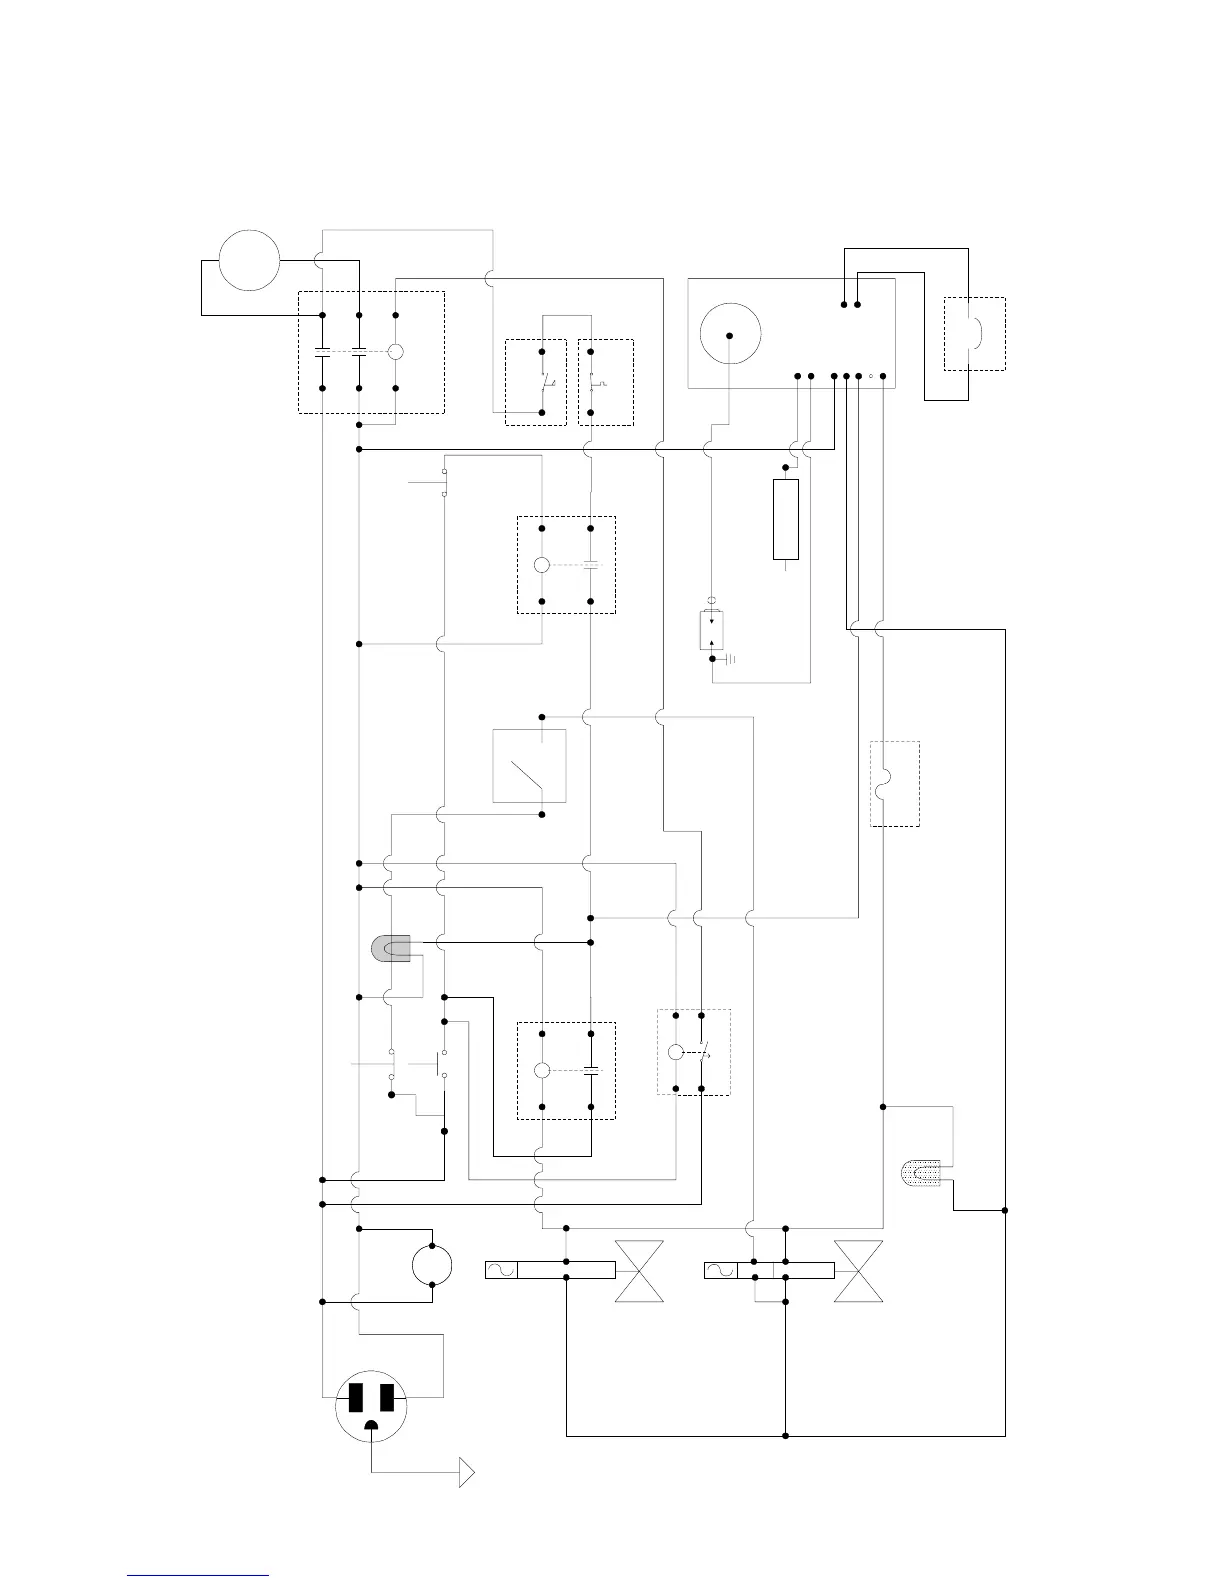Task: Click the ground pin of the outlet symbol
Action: [x=372, y=1425]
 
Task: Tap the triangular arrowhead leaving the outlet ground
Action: [x=466, y=1473]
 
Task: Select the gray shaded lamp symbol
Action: [x=391, y=948]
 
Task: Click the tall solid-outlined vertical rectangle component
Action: [x=786, y=519]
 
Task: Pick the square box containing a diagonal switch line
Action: [x=529, y=766]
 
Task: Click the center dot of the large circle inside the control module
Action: [x=730, y=334]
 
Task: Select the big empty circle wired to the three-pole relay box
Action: [x=249, y=260]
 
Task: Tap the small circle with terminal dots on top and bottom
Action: [x=432, y=1265]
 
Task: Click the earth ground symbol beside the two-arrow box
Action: [x=731, y=659]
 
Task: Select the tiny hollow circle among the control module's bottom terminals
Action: [x=871, y=376]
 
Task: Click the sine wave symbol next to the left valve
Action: [x=501, y=1270]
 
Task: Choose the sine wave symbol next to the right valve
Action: [x=720, y=1270]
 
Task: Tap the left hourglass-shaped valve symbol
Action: [x=639, y=1270]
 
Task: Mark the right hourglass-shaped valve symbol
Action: [x=858, y=1270]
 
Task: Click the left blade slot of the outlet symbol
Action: [x=354, y=1397]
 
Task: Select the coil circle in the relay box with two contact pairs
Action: [x=395, y=351]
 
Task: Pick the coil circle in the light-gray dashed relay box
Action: [x=675, y=1052]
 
